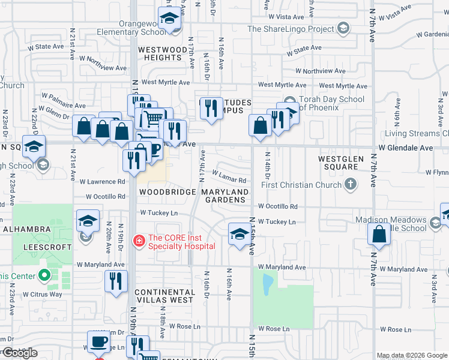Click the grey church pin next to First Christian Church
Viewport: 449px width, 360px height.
[352, 184]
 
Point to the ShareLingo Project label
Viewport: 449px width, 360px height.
[291, 28]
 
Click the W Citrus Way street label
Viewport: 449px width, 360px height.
[43, 294]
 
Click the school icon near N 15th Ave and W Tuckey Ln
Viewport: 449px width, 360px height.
[239, 235]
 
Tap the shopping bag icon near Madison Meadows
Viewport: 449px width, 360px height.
[379, 236]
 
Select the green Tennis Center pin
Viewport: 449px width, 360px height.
[44, 276]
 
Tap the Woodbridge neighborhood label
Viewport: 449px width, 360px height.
[167, 192]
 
